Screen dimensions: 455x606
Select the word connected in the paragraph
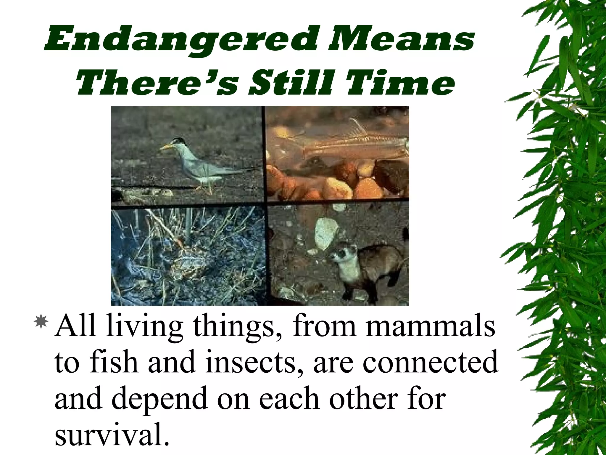(x=431, y=362)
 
